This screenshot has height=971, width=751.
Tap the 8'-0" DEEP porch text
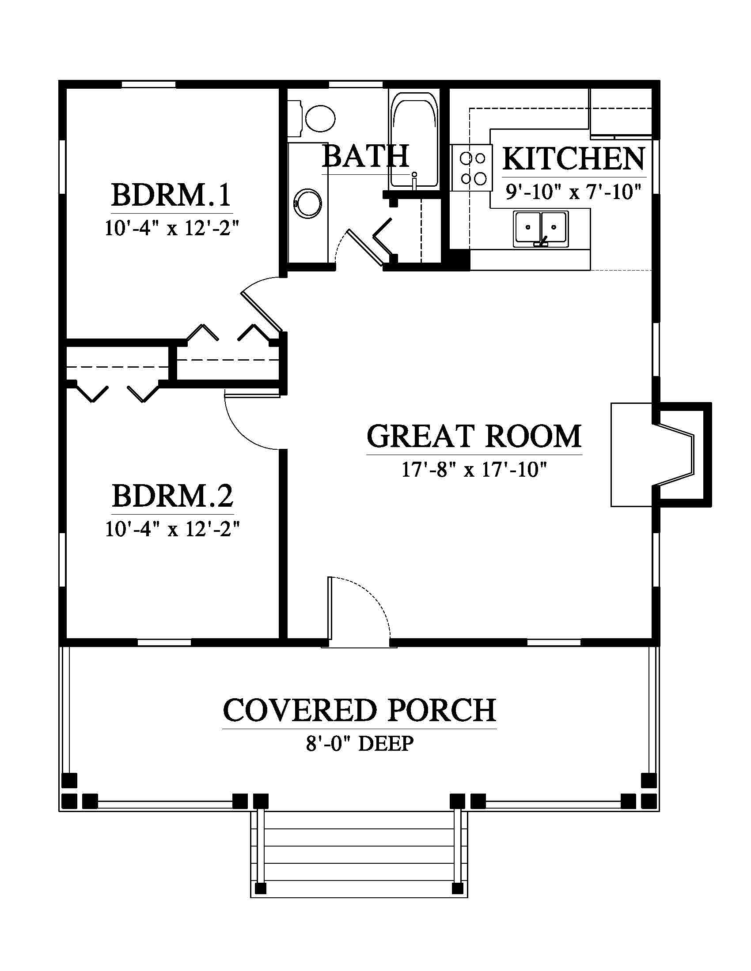(360, 743)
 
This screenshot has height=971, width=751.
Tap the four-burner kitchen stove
(472, 168)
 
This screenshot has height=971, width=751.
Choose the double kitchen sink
(541, 229)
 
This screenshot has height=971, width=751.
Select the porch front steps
(359, 859)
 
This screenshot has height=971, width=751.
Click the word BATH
(365, 156)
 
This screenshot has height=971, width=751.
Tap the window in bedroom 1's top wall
(148, 84)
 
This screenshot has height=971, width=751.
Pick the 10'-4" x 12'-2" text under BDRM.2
(173, 529)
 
